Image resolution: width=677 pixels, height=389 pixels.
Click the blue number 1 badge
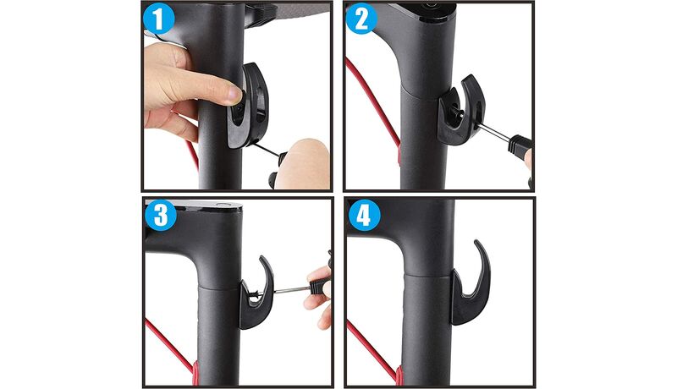click(159, 19)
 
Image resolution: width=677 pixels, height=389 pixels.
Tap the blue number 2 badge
click(361, 19)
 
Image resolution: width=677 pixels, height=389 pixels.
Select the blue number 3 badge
click(161, 215)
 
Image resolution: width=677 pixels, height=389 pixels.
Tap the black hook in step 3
click(258, 298)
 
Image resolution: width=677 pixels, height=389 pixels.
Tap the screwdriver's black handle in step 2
click(520, 144)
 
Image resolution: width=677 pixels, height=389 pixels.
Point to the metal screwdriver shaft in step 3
click(291, 290)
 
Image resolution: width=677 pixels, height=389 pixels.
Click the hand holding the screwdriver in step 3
click(320, 298)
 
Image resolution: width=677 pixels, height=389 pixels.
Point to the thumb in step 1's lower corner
click(303, 164)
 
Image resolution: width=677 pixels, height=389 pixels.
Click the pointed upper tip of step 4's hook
click(476, 242)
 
